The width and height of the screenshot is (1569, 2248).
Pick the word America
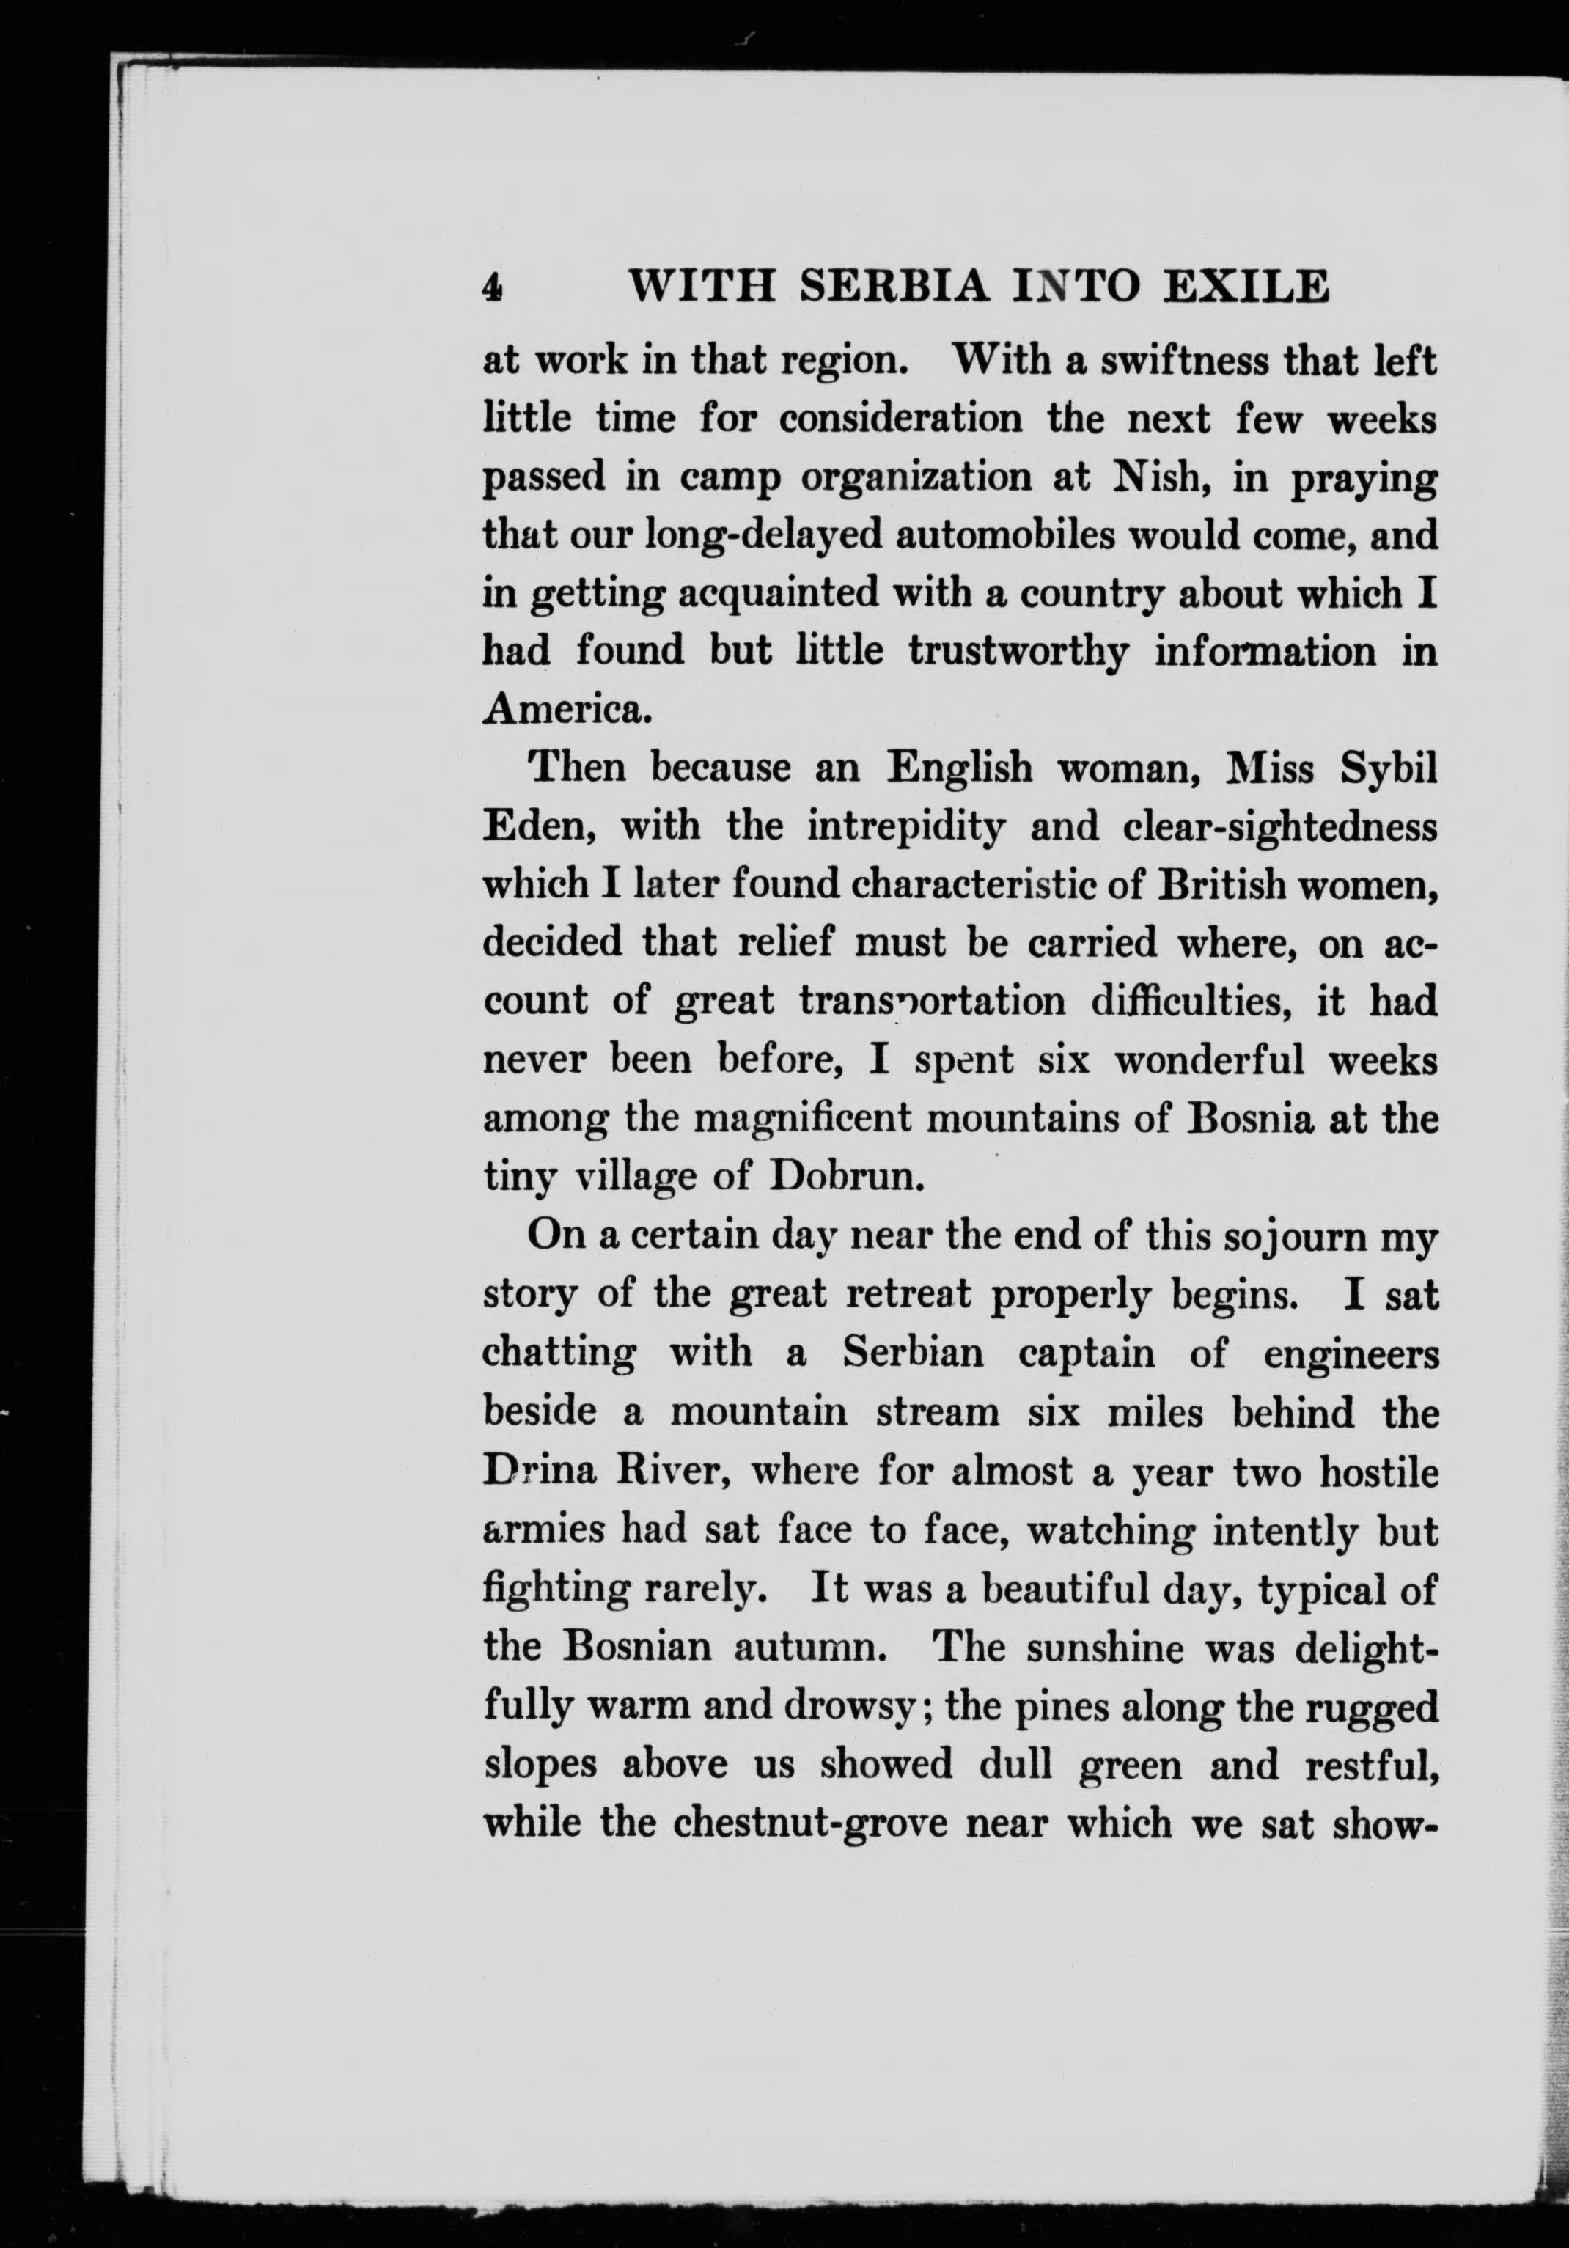tap(567, 709)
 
